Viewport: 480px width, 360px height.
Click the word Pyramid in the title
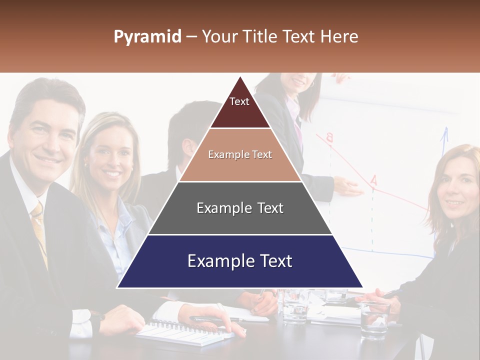point(147,37)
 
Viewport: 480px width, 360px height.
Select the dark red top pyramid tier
point(240,107)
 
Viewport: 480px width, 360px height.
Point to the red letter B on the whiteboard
point(329,137)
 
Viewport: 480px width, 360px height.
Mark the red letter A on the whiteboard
point(373,180)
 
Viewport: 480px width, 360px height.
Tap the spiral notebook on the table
point(180,332)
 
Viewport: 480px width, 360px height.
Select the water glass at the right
point(374,320)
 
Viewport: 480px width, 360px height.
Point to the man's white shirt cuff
point(80,322)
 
